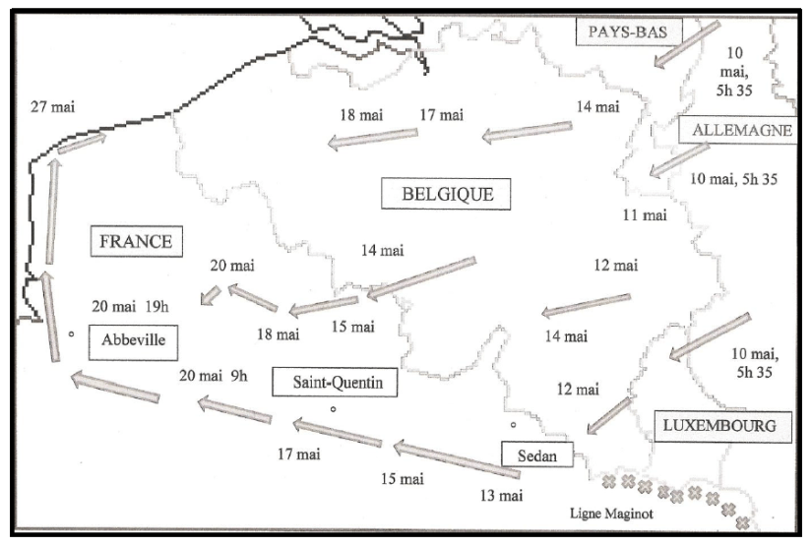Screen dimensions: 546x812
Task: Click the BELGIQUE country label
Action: (448, 194)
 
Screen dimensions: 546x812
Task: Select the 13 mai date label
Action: (503, 493)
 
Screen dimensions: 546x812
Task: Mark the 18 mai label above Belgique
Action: (360, 115)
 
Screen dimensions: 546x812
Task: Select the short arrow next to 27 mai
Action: (81, 144)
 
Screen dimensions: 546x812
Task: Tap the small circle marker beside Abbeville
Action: (72, 335)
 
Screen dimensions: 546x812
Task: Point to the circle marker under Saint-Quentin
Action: (334, 408)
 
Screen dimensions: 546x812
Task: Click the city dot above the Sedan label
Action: (513, 426)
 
